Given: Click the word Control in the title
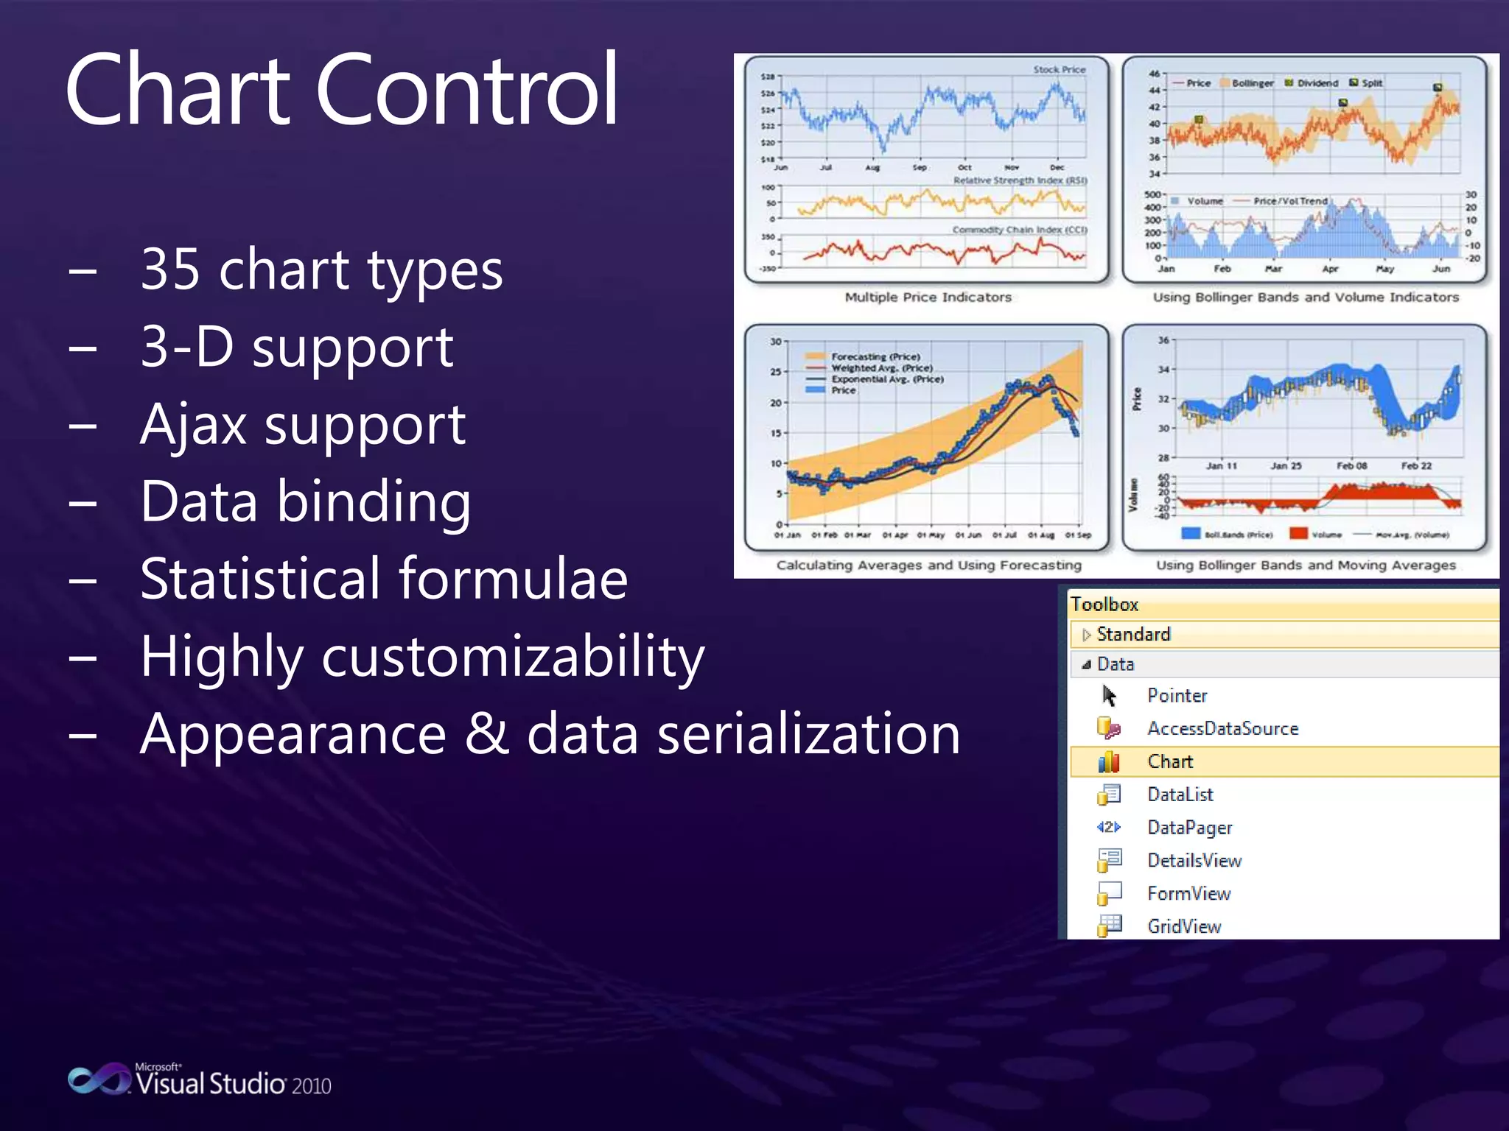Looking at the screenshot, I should point(466,90).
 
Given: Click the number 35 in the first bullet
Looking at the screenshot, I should point(170,269).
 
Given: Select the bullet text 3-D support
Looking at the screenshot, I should point(296,347).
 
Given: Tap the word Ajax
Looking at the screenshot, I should point(193,425).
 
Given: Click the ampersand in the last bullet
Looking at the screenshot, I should point(486,734).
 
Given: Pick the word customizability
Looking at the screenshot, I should point(513,657).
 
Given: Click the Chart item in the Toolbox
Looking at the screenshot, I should point(1169,761).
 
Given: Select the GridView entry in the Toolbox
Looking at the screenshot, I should point(1183,926).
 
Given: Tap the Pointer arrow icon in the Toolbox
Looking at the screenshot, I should point(1109,696).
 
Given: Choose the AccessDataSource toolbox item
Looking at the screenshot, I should point(1222,728).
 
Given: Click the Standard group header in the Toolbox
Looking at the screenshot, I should point(1132,634).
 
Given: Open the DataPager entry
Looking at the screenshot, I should point(1189,828).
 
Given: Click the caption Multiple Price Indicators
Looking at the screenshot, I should point(928,297).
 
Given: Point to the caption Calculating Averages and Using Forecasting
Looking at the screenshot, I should point(928,565).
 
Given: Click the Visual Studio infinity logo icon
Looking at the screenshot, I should point(98,1079).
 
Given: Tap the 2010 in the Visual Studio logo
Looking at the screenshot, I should point(311,1086).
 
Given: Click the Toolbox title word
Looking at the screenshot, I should point(1104,605).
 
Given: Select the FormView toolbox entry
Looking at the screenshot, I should point(1188,893).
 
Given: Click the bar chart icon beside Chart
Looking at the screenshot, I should point(1109,762).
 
